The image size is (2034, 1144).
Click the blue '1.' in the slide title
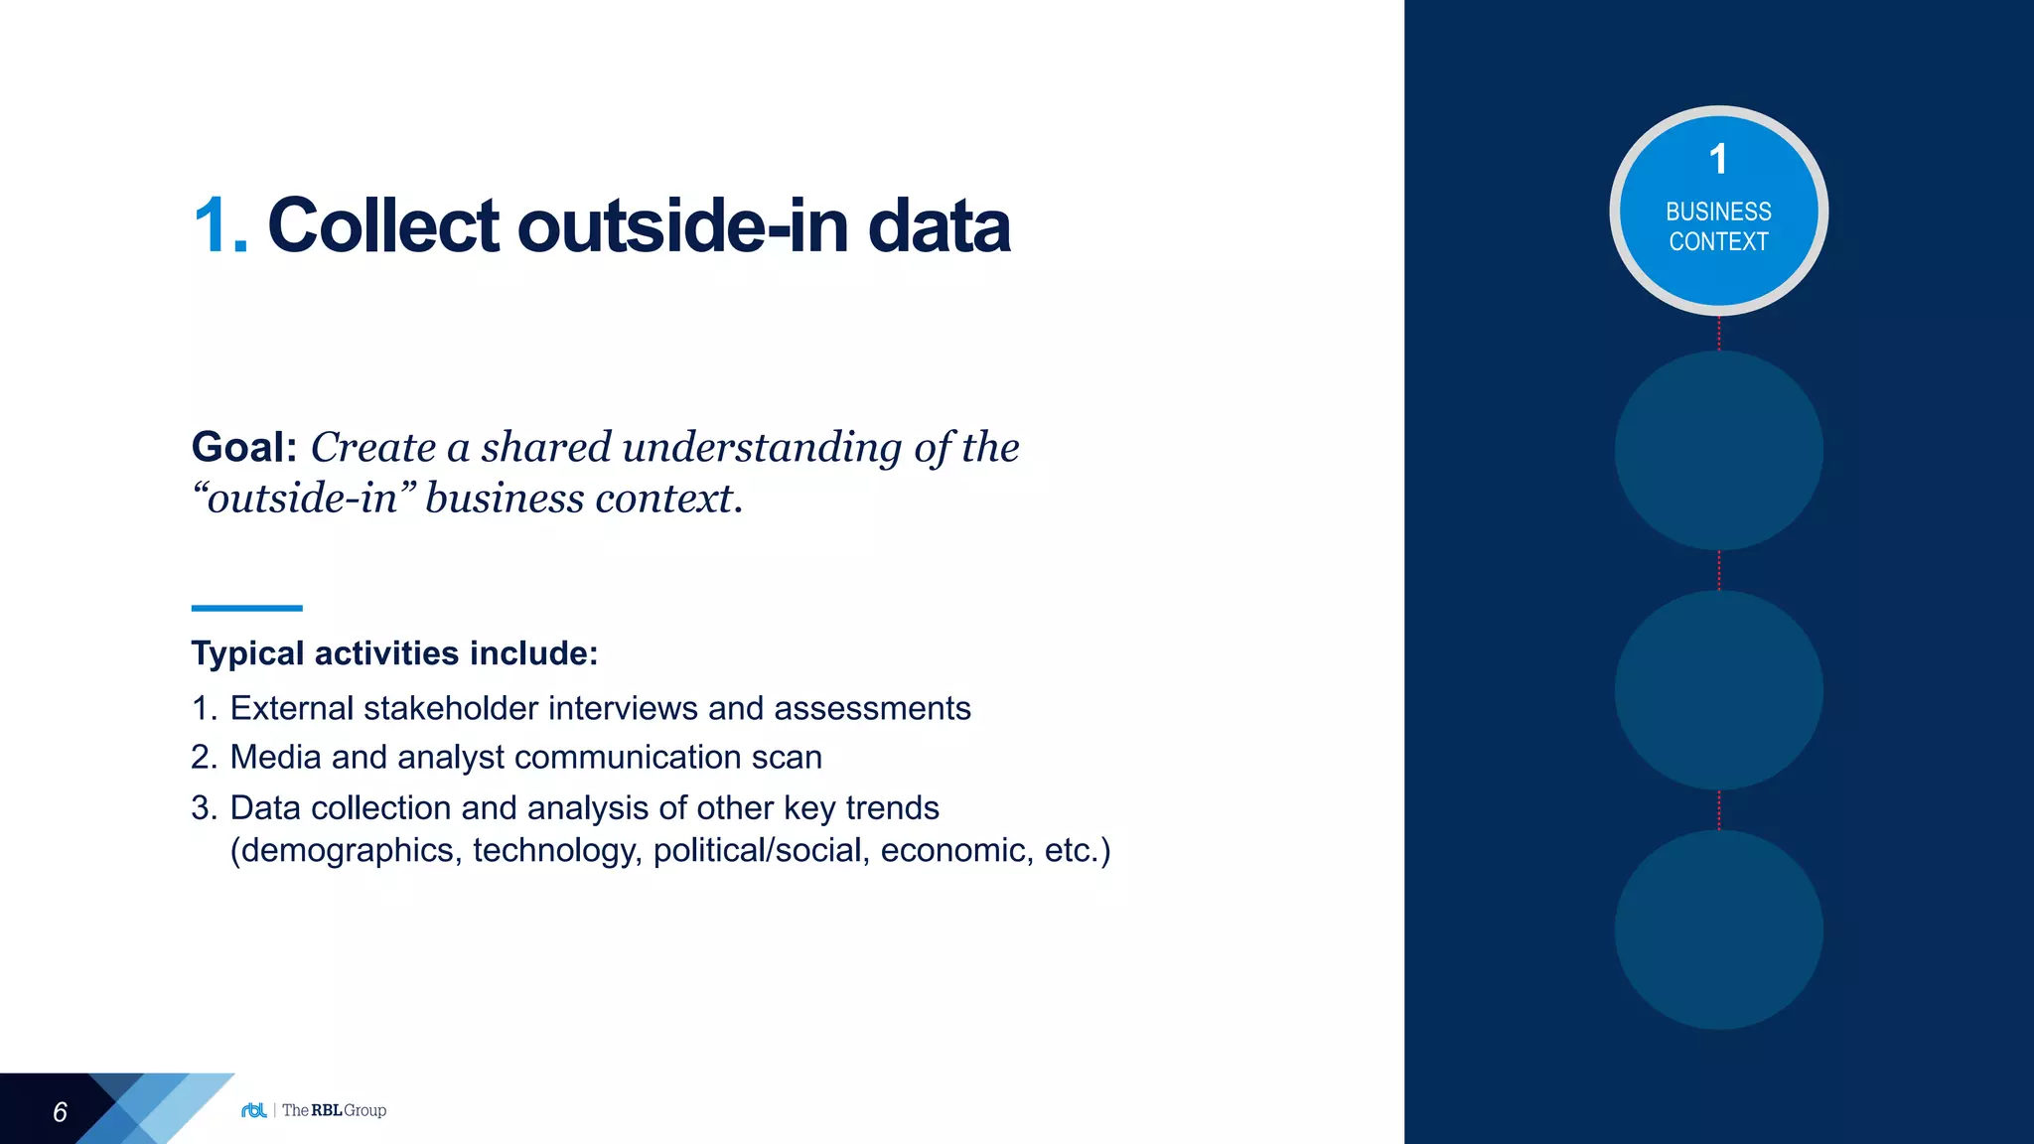pos(219,226)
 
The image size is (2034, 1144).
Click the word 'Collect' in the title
pos(383,226)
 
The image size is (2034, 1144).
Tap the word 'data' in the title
pos(939,226)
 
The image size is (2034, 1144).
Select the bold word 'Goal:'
pos(244,447)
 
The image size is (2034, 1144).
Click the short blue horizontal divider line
pos(246,608)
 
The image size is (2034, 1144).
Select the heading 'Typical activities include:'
pos(394,653)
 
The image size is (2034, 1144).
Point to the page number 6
pos(60,1112)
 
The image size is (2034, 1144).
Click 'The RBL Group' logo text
pos(334,1110)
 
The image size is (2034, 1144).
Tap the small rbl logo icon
pos(254,1110)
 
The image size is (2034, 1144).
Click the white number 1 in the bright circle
pos(1718,159)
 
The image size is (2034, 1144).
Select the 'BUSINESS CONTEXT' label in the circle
pos(1718,226)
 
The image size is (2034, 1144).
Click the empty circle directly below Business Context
pos(1718,451)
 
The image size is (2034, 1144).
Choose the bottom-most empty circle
pos(1718,929)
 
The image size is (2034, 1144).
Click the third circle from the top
pos(1718,690)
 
